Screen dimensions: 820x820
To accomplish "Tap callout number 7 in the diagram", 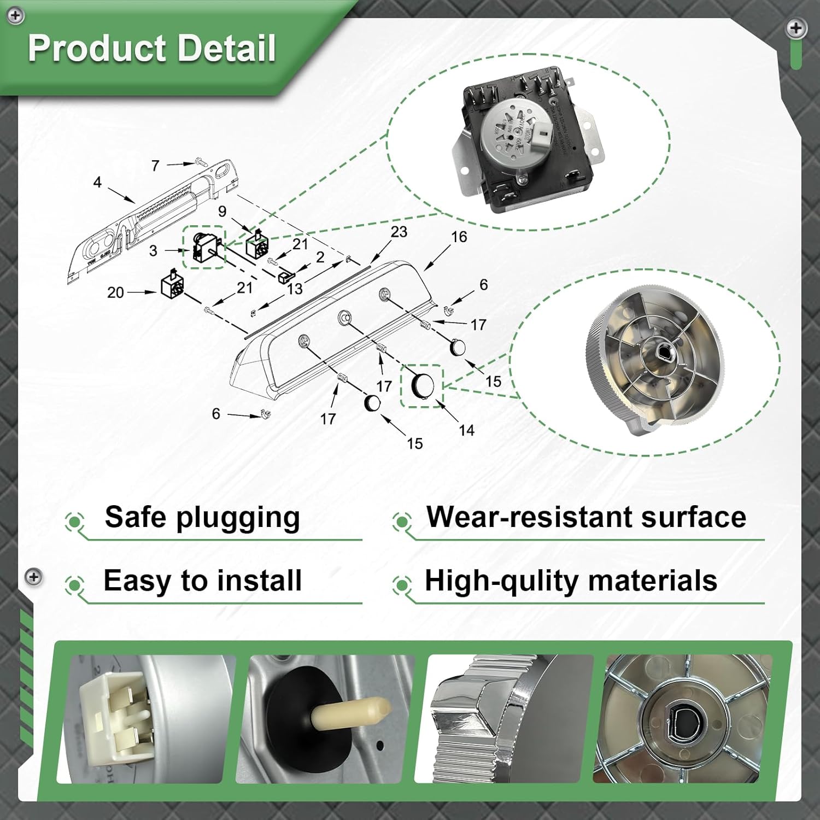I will point(155,165).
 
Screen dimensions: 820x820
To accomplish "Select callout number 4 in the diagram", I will point(97,182).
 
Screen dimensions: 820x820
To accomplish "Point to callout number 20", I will point(115,292).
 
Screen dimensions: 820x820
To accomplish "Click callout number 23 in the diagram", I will point(399,232).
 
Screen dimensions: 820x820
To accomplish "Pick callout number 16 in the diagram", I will point(459,237).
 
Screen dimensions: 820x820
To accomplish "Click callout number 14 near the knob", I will point(466,430).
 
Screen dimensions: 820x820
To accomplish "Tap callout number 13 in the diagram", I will point(295,289).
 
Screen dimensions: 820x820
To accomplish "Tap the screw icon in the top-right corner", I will point(795,28).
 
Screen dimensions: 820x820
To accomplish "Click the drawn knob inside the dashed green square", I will point(422,385).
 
